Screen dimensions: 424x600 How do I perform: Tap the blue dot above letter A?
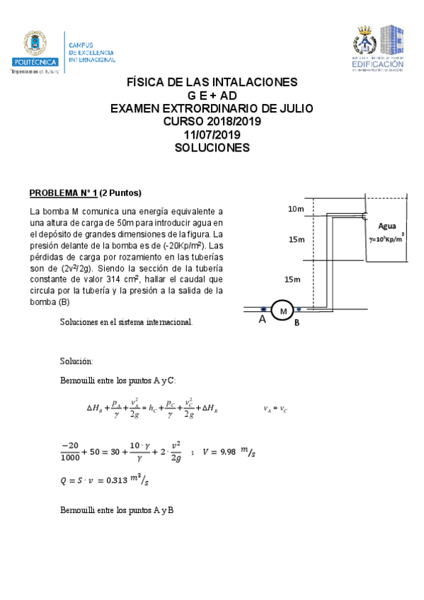pos(263,309)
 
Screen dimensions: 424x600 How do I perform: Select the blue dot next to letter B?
pos(299,309)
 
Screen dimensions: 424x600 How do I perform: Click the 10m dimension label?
pos(296,209)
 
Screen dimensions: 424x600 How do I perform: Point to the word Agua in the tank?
pos(387,226)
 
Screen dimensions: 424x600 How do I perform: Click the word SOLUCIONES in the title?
pos(212,148)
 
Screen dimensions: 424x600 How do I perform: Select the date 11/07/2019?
pos(212,134)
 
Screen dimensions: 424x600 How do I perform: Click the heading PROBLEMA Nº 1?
pos(62,193)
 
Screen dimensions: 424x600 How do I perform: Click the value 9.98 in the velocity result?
pos(222,451)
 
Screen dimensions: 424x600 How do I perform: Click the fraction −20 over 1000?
pos(70,451)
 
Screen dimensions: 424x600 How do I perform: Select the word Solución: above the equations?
pos(76,361)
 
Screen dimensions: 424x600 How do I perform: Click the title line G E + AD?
pos(212,95)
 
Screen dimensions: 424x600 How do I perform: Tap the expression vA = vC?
pos(275,409)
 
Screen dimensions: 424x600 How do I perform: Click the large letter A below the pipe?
pos(262,321)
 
